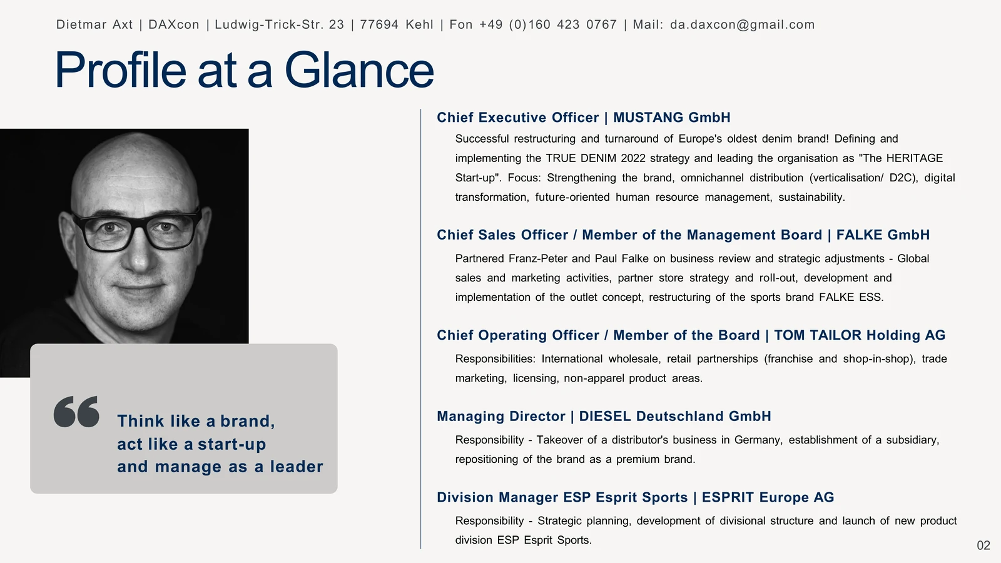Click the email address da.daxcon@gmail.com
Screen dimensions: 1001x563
[742, 24]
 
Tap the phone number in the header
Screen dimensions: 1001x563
[548, 24]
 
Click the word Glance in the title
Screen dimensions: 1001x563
[359, 70]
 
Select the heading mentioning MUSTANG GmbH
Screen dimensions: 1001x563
[584, 118]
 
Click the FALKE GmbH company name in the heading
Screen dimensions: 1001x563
[883, 235]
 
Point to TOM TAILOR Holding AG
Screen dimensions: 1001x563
[860, 335]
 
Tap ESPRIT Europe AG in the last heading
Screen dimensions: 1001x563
[768, 497]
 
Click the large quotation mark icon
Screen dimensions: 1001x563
[76, 412]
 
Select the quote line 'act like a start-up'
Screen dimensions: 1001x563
[191, 444]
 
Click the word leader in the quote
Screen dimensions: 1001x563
[297, 467]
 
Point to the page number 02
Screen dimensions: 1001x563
[983, 545]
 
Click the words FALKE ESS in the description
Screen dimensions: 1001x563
[851, 298]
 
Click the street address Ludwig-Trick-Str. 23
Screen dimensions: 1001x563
[279, 24]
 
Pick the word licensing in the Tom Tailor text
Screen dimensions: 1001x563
[536, 378]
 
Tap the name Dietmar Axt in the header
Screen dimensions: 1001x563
[94, 24]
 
